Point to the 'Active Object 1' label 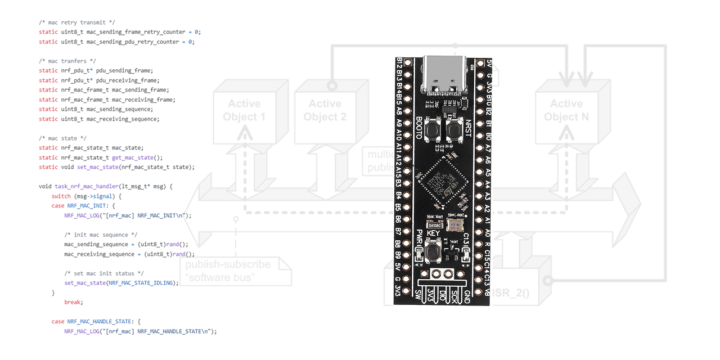pyautogui.click(x=244, y=110)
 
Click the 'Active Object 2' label pyautogui.click(x=325, y=110)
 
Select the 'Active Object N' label pyautogui.click(x=566, y=110)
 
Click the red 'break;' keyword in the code pyautogui.click(x=73, y=302)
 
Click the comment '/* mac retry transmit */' pyautogui.click(x=77, y=22)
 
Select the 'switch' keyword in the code pyautogui.click(x=61, y=196)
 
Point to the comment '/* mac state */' pyautogui.click(x=62, y=138)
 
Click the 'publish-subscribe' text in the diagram pyautogui.click(x=228, y=264)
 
